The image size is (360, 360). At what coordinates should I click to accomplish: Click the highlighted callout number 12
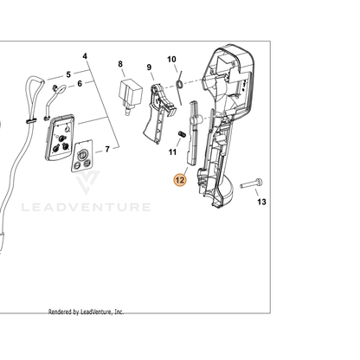click(x=180, y=180)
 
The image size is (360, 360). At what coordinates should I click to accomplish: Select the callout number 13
click(x=261, y=202)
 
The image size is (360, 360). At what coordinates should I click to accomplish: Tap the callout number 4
click(x=85, y=56)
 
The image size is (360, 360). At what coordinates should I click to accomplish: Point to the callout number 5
click(x=68, y=74)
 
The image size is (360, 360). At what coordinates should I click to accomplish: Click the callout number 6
click(x=80, y=83)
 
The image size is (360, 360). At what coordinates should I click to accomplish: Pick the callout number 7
click(x=107, y=149)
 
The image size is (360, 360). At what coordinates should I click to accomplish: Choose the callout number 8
click(x=120, y=64)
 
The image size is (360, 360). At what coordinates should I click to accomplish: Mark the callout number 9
click(x=149, y=67)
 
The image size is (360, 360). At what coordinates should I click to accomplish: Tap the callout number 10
click(x=171, y=59)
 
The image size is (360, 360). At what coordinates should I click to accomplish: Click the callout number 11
click(x=172, y=151)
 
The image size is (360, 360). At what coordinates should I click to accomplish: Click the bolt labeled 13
click(x=252, y=183)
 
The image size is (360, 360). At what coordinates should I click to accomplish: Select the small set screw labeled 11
click(x=182, y=134)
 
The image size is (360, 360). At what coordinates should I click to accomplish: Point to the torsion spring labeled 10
click(x=180, y=87)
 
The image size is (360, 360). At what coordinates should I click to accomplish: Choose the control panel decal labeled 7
click(x=82, y=156)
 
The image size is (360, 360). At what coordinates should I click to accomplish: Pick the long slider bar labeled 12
click(x=193, y=133)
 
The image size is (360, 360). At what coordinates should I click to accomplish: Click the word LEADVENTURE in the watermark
click(x=87, y=207)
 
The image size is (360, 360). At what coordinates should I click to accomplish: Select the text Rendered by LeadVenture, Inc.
click(x=86, y=312)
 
